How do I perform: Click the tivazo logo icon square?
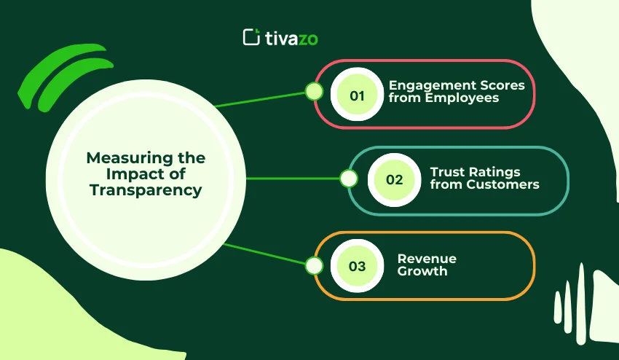point(251,36)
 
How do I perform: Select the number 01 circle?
point(357,95)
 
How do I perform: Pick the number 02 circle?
point(394,179)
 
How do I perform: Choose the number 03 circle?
point(357,266)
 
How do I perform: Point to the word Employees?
point(469,98)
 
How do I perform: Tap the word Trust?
point(446,172)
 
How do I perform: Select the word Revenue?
point(426,259)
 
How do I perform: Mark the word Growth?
point(422,272)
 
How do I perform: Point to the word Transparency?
point(146,190)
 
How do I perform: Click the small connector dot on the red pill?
point(314,91)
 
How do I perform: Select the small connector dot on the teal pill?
point(349,179)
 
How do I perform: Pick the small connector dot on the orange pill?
point(314,266)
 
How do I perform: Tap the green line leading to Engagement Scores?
point(262,98)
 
